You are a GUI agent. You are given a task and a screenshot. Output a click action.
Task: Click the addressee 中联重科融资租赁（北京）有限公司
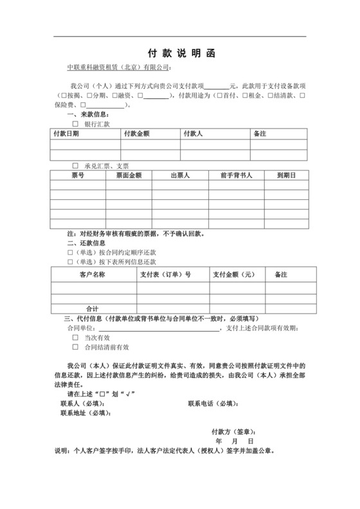(120, 67)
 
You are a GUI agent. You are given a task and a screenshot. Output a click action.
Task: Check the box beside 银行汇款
(75, 123)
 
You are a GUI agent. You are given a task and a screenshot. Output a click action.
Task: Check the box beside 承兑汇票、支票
(75, 165)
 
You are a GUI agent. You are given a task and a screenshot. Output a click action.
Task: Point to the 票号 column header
(78, 175)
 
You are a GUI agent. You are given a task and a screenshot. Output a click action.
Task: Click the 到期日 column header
(285, 175)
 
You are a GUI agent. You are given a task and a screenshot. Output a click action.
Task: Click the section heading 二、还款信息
(83, 244)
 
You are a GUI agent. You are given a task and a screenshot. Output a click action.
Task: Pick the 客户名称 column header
(93, 274)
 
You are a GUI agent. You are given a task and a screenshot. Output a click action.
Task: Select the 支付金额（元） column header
(235, 274)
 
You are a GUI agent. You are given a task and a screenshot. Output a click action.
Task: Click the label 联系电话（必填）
(212, 403)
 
